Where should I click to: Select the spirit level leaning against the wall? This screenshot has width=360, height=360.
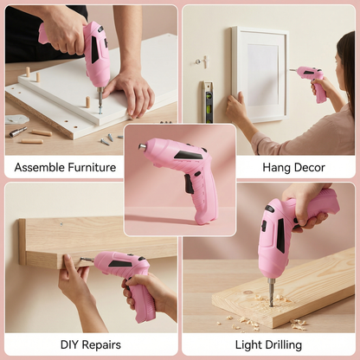pos(208,102)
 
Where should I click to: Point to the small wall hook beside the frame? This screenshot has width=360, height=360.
pos(204,61)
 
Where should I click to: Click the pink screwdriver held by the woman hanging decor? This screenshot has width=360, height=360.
pos(311,80)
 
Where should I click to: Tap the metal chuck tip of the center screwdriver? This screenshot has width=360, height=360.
pos(142,147)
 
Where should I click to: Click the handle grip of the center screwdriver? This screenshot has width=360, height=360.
pos(201,199)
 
